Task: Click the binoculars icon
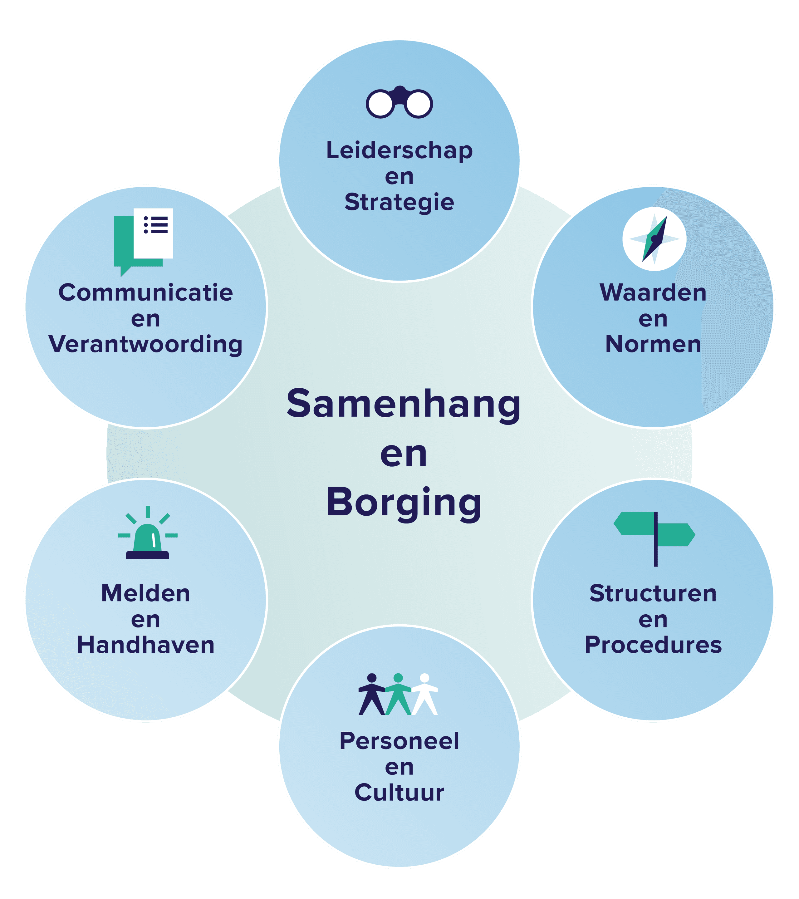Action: pos(399,102)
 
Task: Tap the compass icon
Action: pos(654,239)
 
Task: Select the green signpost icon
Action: pos(654,539)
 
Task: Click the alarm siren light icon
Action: pos(148,533)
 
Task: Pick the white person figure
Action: pos(425,694)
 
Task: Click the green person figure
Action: pos(398,694)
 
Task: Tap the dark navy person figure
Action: pos(372,694)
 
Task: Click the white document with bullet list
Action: pos(153,233)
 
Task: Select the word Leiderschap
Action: pos(399,151)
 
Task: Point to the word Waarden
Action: pos(653,292)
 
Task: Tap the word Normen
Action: pos(653,344)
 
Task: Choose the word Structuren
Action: pos(653,593)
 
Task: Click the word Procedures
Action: pos(653,645)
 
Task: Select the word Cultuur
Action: pos(399,793)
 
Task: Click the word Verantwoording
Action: pos(145,344)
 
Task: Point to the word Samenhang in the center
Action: pos(404,404)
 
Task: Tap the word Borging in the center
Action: pos(404,504)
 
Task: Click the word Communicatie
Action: pos(145,292)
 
